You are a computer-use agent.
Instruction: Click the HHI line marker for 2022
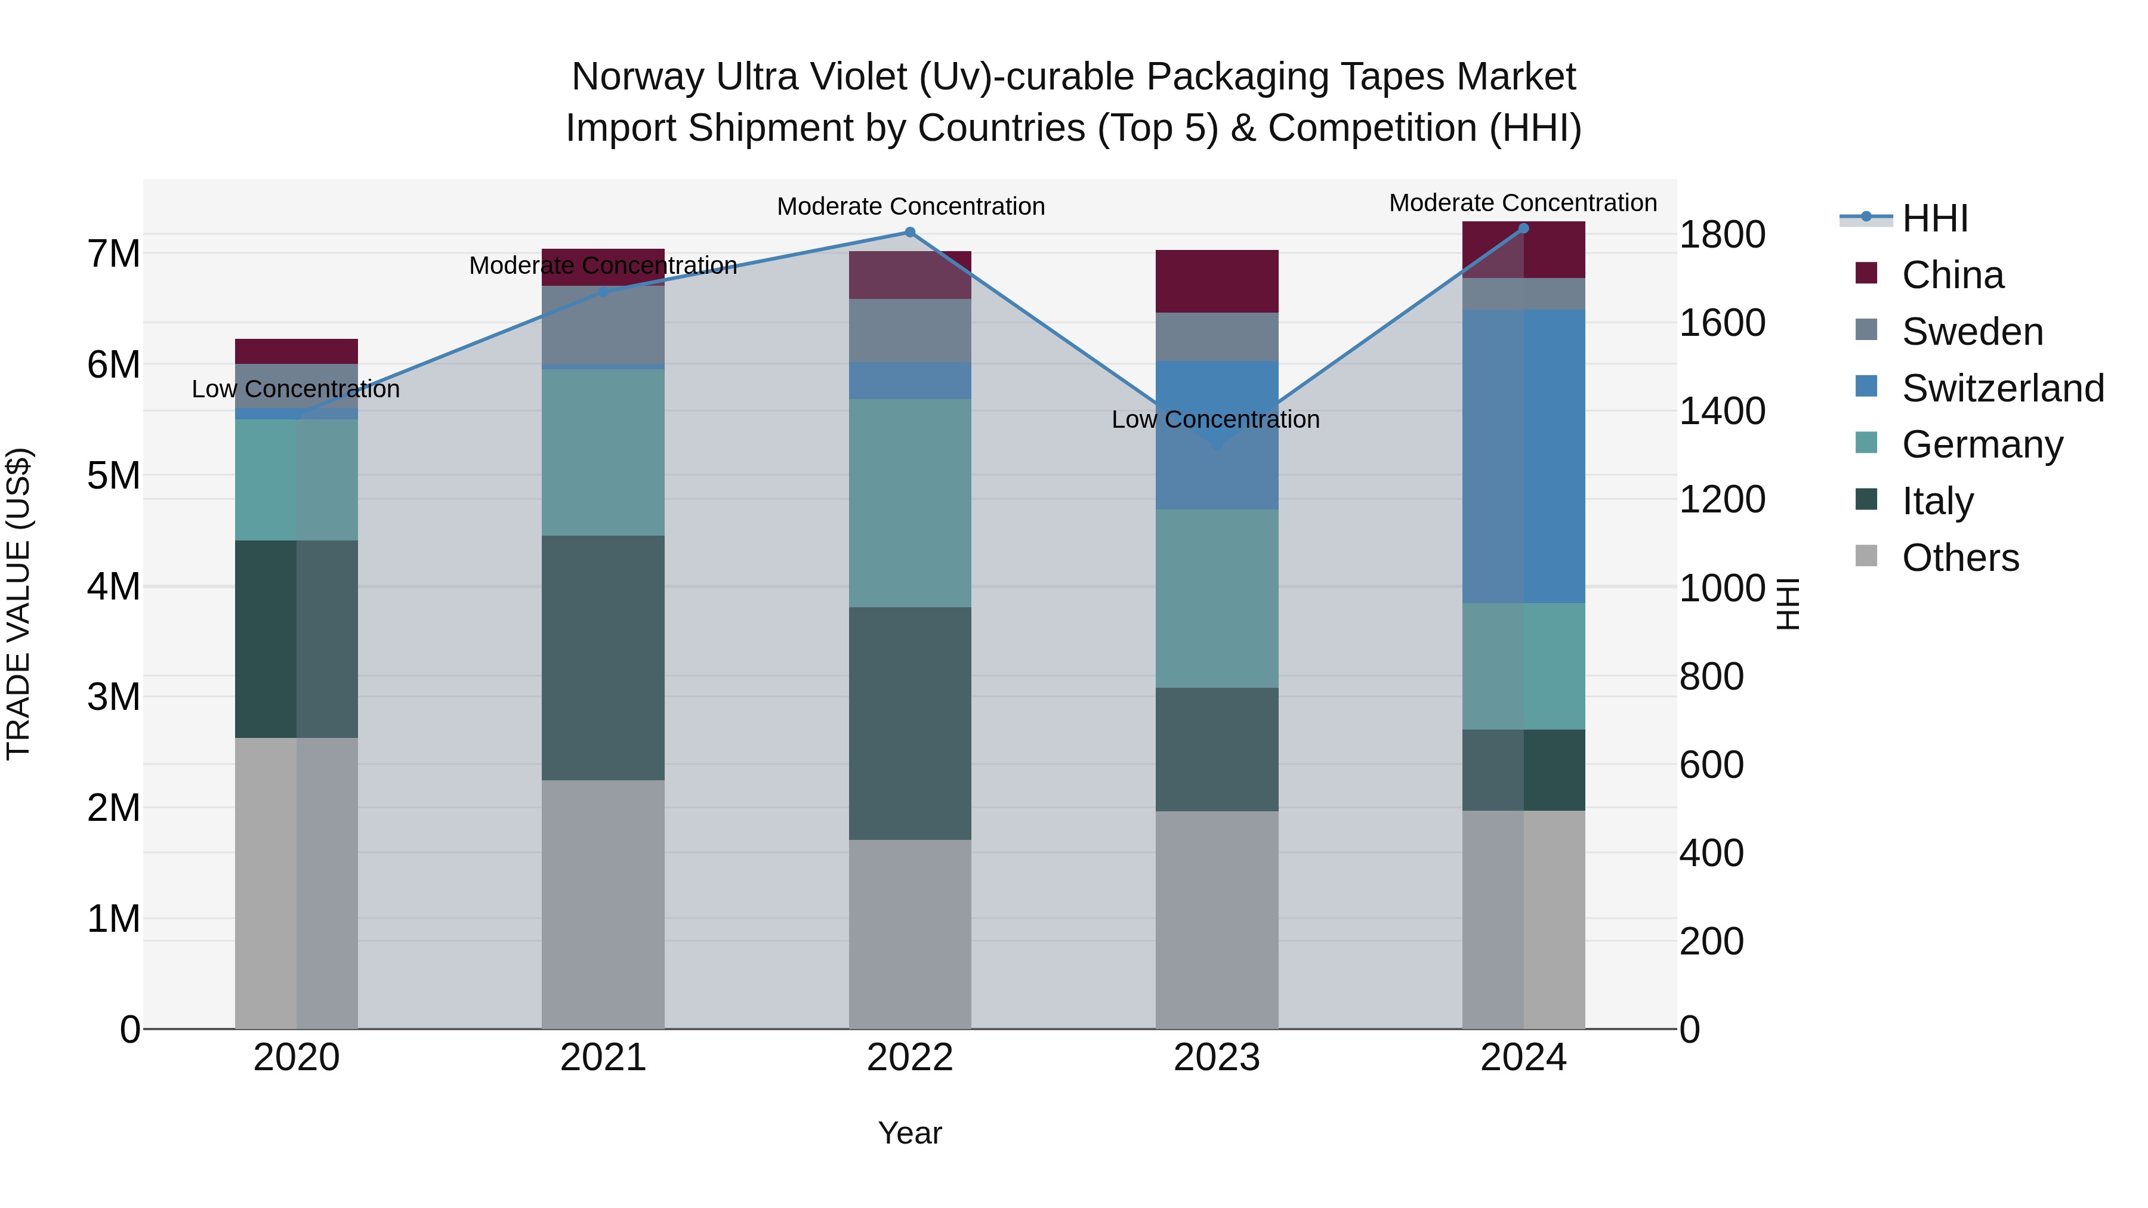click(910, 233)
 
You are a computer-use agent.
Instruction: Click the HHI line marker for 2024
click(1523, 228)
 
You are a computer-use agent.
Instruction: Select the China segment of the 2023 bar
click(1217, 281)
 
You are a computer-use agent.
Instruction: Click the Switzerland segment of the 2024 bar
click(1523, 456)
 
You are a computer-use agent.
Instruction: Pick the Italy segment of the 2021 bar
click(603, 658)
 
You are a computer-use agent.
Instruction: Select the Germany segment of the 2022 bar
click(910, 503)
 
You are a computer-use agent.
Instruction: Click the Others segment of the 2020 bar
click(296, 883)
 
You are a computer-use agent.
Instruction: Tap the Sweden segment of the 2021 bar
click(603, 325)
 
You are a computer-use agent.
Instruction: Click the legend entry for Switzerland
click(2002, 388)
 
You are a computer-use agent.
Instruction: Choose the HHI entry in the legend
click(1934, 218)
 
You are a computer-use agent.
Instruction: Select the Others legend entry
click(1959, 558)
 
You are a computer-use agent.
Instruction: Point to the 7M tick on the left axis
click(113, 254)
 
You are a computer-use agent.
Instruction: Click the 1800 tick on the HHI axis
click(1721, 234)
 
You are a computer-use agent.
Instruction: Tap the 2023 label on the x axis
click(1217, 1058)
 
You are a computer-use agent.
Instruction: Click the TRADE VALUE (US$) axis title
click(18, 604)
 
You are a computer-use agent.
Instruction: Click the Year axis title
click(910, 1133)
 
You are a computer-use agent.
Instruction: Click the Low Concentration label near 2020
click(296, 390)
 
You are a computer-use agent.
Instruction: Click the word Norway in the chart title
click(638, 77)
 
